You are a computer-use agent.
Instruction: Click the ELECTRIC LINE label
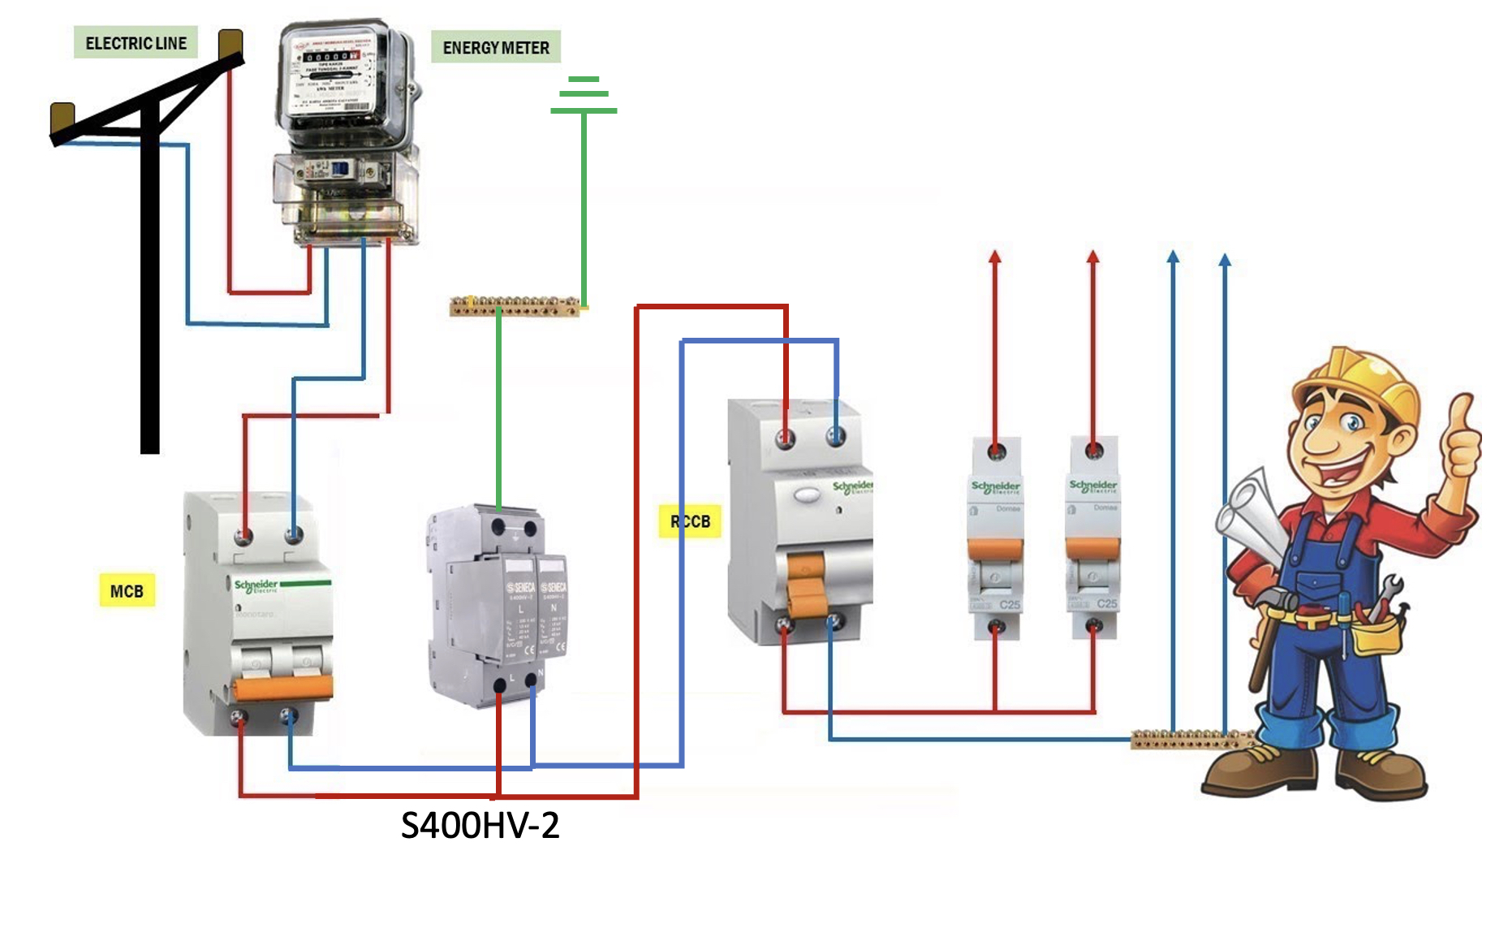136,43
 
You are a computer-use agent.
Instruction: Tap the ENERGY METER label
496,48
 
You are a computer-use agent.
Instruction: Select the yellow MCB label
127,591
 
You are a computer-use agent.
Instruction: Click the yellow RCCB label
690,521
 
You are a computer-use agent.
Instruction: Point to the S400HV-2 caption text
480,826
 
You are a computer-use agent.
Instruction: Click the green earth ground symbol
584,94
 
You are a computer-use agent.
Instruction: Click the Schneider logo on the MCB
256,585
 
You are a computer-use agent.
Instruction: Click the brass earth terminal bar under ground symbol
515,306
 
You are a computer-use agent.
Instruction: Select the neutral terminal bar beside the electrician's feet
1189,739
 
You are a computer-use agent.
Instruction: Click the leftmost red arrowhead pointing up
995,257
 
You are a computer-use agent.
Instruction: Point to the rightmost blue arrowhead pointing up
1226,260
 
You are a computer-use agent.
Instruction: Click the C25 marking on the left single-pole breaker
1010,605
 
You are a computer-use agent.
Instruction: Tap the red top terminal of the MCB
243,536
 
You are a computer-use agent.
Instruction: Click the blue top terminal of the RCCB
836,437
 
